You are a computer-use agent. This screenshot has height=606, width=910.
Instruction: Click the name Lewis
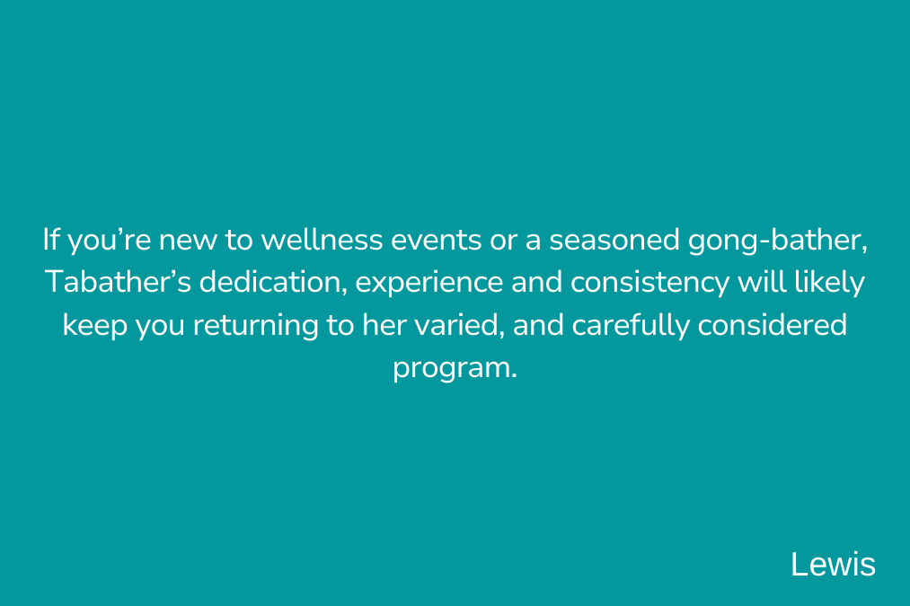[x=833, y=564]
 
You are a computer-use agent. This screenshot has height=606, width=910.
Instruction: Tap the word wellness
[x=322, y=240]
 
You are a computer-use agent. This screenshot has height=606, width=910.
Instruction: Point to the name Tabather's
[x=118, y=282]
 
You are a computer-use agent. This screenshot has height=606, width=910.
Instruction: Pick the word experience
[x=428, y=284]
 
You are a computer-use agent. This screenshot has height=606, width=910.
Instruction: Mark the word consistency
[x=649, y=284]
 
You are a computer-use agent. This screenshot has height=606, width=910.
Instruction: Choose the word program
[x=455, y=369]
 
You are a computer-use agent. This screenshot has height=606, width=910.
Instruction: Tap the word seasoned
[x=614, y=240]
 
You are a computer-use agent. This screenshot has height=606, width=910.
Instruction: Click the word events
[x=436, y=240]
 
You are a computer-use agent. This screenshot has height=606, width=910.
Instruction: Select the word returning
[x=255, y=326]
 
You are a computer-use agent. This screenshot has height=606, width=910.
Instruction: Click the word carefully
[x=631, y=326]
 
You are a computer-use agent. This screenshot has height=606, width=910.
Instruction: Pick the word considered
[x=772, y=325]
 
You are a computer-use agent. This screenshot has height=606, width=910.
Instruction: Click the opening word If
[x=51, y=239]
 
